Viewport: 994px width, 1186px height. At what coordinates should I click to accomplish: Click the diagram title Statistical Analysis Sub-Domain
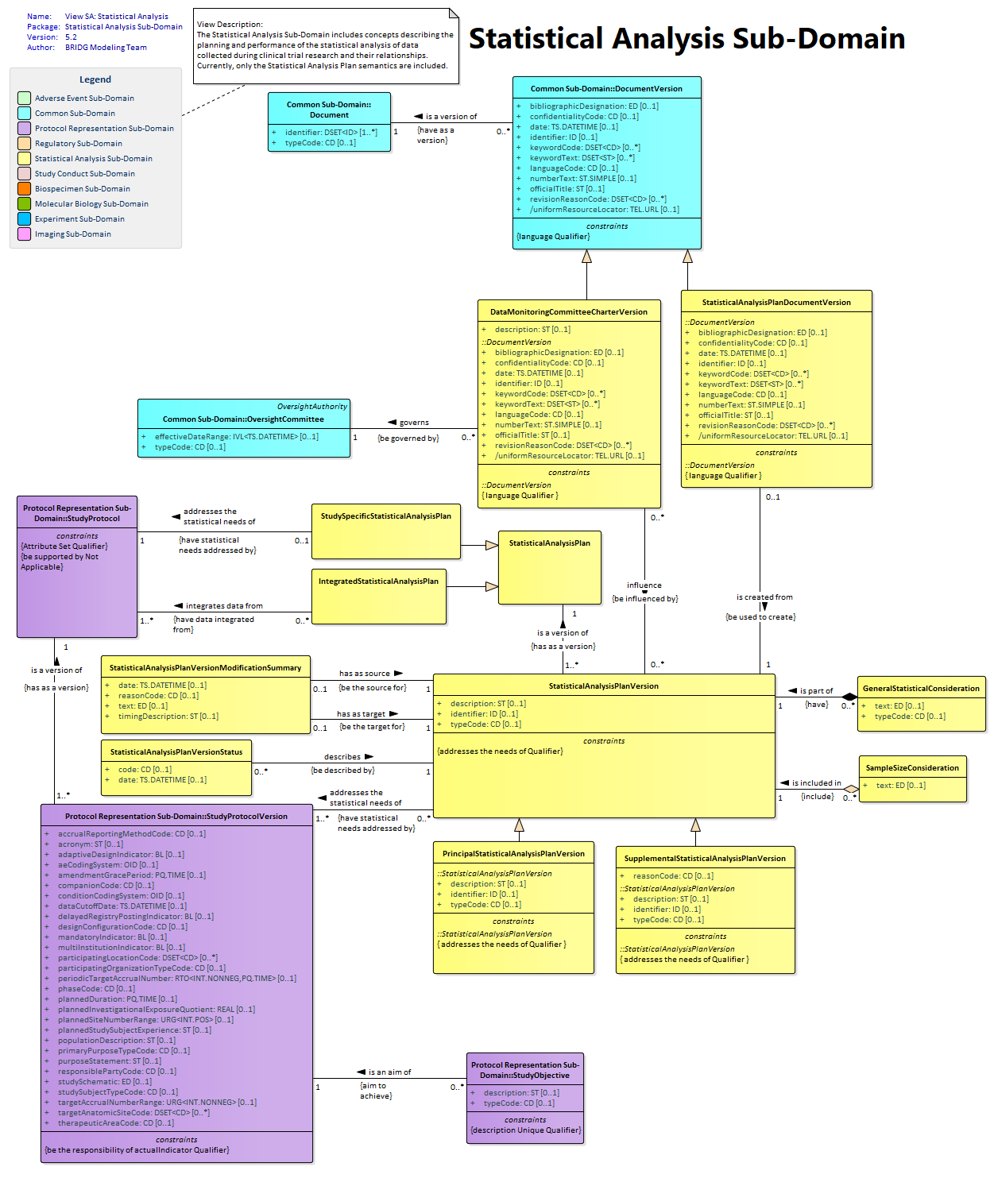pos(686,39)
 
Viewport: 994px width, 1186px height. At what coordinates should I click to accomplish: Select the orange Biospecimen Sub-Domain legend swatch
pos(24,188)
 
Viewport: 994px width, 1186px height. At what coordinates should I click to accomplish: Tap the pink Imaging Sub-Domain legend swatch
pos(24,234)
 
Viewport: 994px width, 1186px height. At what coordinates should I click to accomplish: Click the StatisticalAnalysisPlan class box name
pos(549,543)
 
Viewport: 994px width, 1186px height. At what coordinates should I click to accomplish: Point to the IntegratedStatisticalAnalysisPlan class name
pos(378,581)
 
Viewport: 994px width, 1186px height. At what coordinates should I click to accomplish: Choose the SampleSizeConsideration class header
pos(911,767)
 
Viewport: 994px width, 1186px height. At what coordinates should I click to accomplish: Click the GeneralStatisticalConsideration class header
pos(920,689)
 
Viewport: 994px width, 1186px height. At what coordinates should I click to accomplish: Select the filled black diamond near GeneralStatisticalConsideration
pos(849,697)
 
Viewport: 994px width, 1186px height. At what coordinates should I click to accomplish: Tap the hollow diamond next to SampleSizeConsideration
pos(850,788)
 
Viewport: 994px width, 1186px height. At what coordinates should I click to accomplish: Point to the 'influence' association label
pos(644,585)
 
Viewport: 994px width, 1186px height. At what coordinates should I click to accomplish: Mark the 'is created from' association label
pos(764,597)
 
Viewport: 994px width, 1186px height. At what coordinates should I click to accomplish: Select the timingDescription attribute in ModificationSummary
pos(168,717)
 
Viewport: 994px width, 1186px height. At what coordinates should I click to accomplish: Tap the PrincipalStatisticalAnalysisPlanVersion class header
pos(513,854)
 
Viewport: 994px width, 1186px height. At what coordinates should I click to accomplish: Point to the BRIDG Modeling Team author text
pos(106,47)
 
